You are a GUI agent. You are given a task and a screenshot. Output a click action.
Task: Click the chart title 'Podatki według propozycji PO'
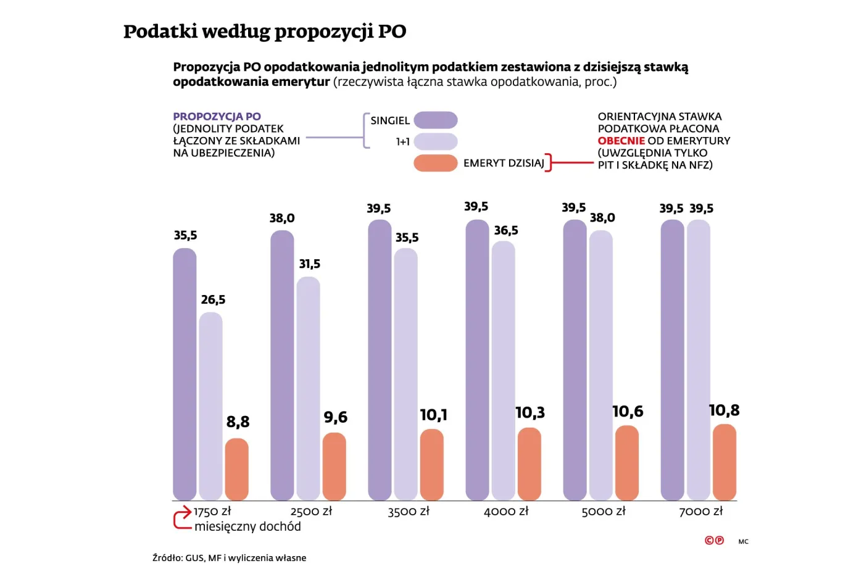(x=264, y=31)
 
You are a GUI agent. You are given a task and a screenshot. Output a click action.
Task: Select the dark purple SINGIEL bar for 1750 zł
(x=185, y=374)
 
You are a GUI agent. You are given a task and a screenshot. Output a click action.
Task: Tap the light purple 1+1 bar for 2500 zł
(x=308, y=388)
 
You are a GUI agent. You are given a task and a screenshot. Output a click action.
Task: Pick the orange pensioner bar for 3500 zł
(x=431, y=464)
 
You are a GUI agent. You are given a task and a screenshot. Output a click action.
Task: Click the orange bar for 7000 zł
(x=724, y=462)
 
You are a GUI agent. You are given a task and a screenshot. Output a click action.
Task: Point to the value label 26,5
(x=213, y=300)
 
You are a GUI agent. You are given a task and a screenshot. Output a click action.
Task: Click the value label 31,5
(x=309, y=264)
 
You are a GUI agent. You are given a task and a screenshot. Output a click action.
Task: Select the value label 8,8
(x=238, y=422)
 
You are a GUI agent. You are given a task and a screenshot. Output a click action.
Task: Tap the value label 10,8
(x=724, y=410)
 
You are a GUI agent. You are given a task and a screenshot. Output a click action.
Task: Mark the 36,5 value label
(x=505, y=231)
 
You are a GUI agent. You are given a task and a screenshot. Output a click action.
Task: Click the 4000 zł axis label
(x=506, y=512)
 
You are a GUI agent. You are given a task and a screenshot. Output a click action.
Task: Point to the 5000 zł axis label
(x=604, y=512)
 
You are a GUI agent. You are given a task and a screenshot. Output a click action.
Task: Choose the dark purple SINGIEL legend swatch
(x=435, y=120)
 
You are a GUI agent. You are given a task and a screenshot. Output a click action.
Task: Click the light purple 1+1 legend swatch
(x=435, y=142)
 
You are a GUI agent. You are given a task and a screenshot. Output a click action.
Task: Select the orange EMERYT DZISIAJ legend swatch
(x=435, y=163)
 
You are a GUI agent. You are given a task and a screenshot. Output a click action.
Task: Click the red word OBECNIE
(x=621, y=141)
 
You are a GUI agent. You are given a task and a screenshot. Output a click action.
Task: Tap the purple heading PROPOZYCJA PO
(x=217, y=117)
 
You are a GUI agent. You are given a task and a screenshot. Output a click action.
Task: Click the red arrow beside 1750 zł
(x=183, y=518)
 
